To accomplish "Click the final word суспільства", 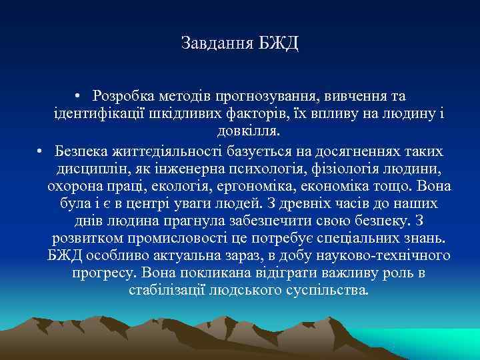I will (326, 290).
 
